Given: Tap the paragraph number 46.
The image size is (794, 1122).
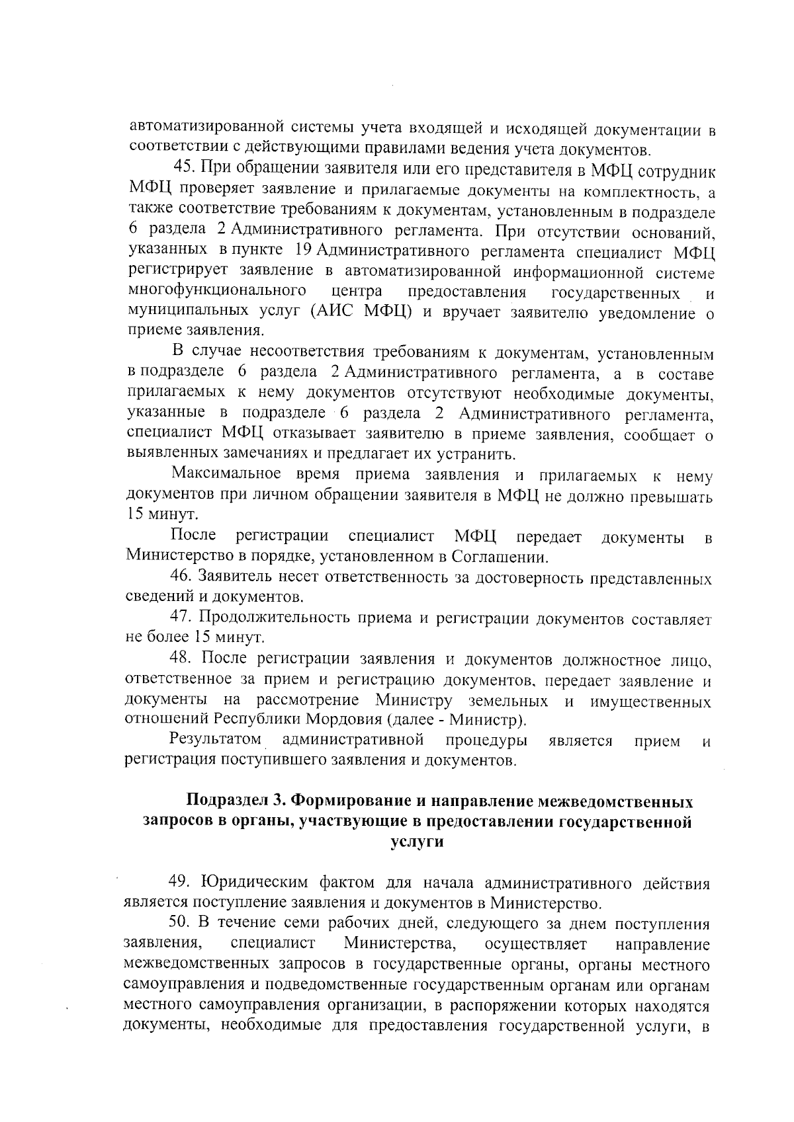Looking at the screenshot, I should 181,577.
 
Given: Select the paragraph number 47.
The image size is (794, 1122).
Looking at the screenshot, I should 181,618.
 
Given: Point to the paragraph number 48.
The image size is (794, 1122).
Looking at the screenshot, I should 181,659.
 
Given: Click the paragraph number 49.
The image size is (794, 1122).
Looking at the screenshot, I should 180,883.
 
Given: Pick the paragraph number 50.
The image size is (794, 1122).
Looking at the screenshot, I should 180,924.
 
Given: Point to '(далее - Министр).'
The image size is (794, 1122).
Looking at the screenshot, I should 453,719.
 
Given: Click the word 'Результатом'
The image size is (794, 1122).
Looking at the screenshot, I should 215,739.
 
